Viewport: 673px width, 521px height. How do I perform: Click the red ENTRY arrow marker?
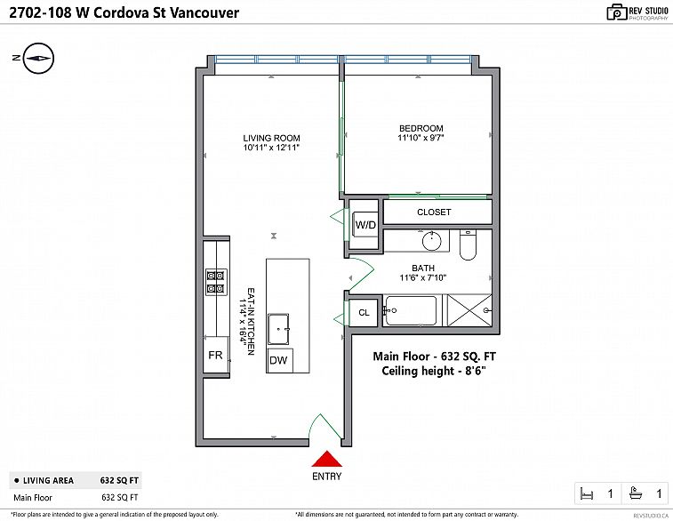327,459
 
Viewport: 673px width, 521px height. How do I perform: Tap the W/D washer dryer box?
365,226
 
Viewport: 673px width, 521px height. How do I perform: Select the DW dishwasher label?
278,360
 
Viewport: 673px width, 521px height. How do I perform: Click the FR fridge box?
215,355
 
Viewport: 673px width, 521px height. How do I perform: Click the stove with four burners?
215,282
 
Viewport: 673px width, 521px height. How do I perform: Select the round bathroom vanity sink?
432,240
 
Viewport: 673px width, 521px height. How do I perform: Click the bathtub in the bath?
410,311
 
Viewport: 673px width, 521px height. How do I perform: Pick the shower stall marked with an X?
468,311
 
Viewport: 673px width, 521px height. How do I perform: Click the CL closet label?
364,313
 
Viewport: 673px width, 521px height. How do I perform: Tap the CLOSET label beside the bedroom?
434,212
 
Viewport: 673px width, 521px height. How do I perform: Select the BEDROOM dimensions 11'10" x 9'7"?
421,138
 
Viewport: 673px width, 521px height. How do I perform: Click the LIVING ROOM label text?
271,138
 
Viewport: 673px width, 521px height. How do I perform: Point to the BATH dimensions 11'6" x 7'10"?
422,277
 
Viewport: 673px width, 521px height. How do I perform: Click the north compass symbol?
36,59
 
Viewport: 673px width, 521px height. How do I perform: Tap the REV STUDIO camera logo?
617,12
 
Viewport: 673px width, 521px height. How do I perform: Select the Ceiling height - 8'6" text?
438,371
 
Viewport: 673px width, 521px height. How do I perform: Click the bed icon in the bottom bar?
585,493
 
